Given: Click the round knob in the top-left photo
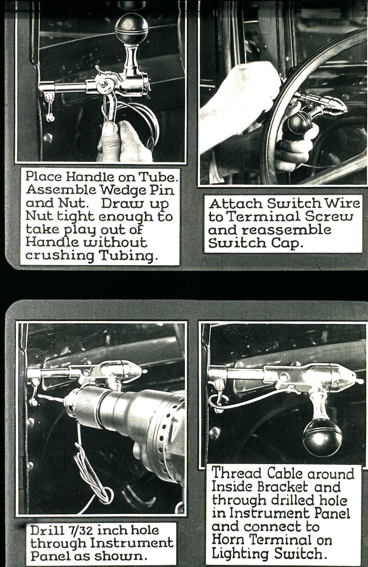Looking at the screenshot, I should coord(131,29).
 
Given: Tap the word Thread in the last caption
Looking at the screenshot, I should coord(236,473).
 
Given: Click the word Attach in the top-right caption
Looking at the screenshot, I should coord(235,203).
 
